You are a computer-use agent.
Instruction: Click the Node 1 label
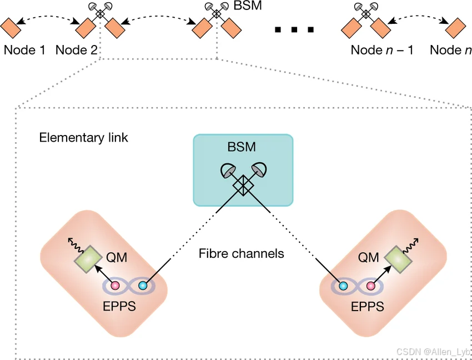point(24,50)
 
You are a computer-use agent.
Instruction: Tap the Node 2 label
point(77,50)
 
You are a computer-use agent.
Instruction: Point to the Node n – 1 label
point(382,50)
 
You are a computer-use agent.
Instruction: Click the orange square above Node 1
point(12,26)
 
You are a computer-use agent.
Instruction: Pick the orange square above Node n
point(455,26)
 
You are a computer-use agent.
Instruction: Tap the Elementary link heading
point(83,137)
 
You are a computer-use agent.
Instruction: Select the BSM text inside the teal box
point(243,148)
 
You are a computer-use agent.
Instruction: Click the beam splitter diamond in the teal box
point(243,185)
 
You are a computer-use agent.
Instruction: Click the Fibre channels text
point(242,254)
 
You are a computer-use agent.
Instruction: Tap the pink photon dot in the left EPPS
point(116,286)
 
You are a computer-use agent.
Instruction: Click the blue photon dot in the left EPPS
point(143,286)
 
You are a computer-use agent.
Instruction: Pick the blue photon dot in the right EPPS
point(343,286)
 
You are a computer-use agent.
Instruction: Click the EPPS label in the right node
point(366,306)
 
